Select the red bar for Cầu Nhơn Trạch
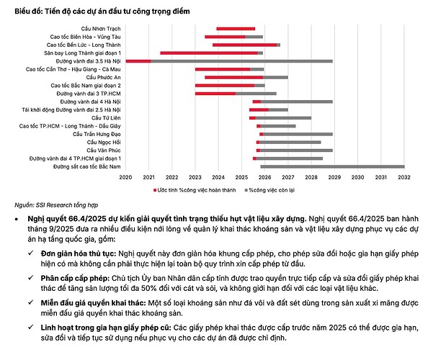pyautogui.click(x=235, y=29)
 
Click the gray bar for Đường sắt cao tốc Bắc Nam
pyautogui.click(x=331, y=166)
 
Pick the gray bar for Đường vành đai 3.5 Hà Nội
pyautogui.click(x=241, y=61)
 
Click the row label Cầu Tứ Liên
pyautogui.click(x=104, y=117)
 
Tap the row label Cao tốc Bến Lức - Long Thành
pyautogui.click(x=85, y=45)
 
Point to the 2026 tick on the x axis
pyautogui.click(x=264, y=176)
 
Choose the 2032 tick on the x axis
pyautogui.click(x=404, y=176)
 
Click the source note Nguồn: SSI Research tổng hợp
pyautogui.click(x=46, y=204)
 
